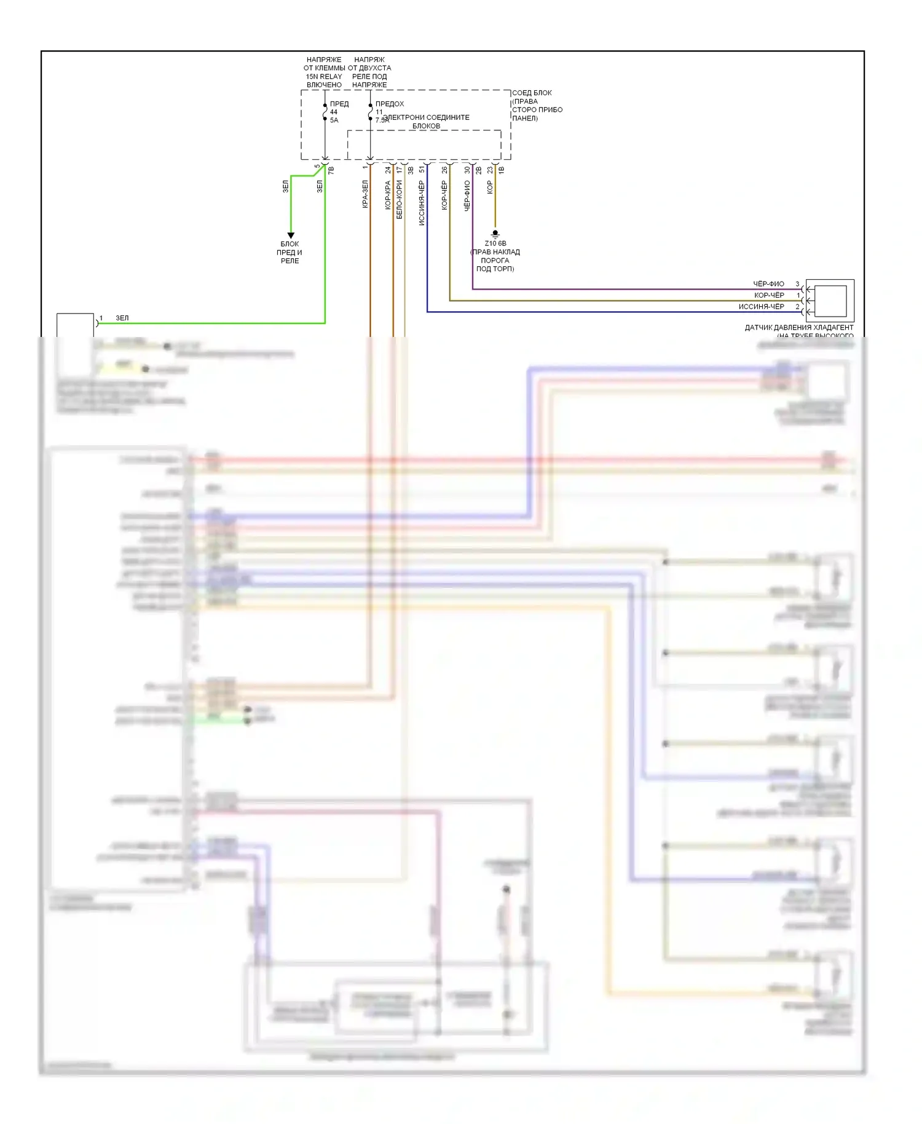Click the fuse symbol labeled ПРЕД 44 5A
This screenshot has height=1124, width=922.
[325, 113]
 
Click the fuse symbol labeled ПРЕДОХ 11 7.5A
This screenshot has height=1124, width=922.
[370, 113]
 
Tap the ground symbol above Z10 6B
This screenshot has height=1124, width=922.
[495, 234]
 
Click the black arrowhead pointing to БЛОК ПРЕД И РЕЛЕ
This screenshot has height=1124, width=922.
[291, 235]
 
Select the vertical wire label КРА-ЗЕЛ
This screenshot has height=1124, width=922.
[365, 194]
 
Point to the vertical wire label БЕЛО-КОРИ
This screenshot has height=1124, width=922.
[399, 200]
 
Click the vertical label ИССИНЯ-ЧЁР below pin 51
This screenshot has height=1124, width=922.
[422, 203]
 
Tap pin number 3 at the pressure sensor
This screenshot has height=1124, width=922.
[797, 284]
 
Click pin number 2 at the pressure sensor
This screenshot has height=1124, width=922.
[797, 306]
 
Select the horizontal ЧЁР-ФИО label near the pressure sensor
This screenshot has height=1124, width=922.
[768, 284]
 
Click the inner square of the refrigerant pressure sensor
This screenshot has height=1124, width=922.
[830, 301]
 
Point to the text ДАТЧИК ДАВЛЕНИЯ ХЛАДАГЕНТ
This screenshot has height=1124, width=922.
[798, 328]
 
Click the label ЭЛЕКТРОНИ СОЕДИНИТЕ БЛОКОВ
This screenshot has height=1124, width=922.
[427, 121]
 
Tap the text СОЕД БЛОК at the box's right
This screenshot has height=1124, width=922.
[532, 93]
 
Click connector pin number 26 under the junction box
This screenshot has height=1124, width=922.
[444, 170]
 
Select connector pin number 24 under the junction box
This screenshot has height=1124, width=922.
[388, 170]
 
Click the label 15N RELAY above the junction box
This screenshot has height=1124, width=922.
[324, 77]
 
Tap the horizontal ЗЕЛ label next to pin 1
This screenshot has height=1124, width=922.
[122, 318]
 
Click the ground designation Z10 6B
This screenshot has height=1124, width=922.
[495, 243]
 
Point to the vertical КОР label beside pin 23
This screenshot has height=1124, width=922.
[490, 187]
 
